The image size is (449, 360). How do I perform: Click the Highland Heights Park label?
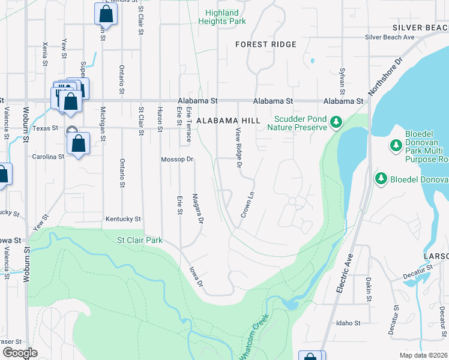click(222, 17)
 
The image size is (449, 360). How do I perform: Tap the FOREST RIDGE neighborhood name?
click(266, 45)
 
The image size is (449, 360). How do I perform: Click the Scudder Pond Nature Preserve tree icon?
click(336, 123)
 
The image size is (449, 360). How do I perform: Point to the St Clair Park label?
click(139, 241)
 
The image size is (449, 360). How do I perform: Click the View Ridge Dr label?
click(239, 148)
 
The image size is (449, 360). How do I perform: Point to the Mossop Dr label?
click(177, 160)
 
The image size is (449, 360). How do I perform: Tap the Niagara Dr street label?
click(197, 208)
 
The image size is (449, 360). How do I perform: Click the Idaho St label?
click(348, 323)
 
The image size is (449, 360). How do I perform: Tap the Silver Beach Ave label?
click(390, 37)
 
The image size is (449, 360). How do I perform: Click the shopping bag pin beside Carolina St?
click(78, 144)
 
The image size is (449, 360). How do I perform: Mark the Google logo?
click(20, 353)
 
